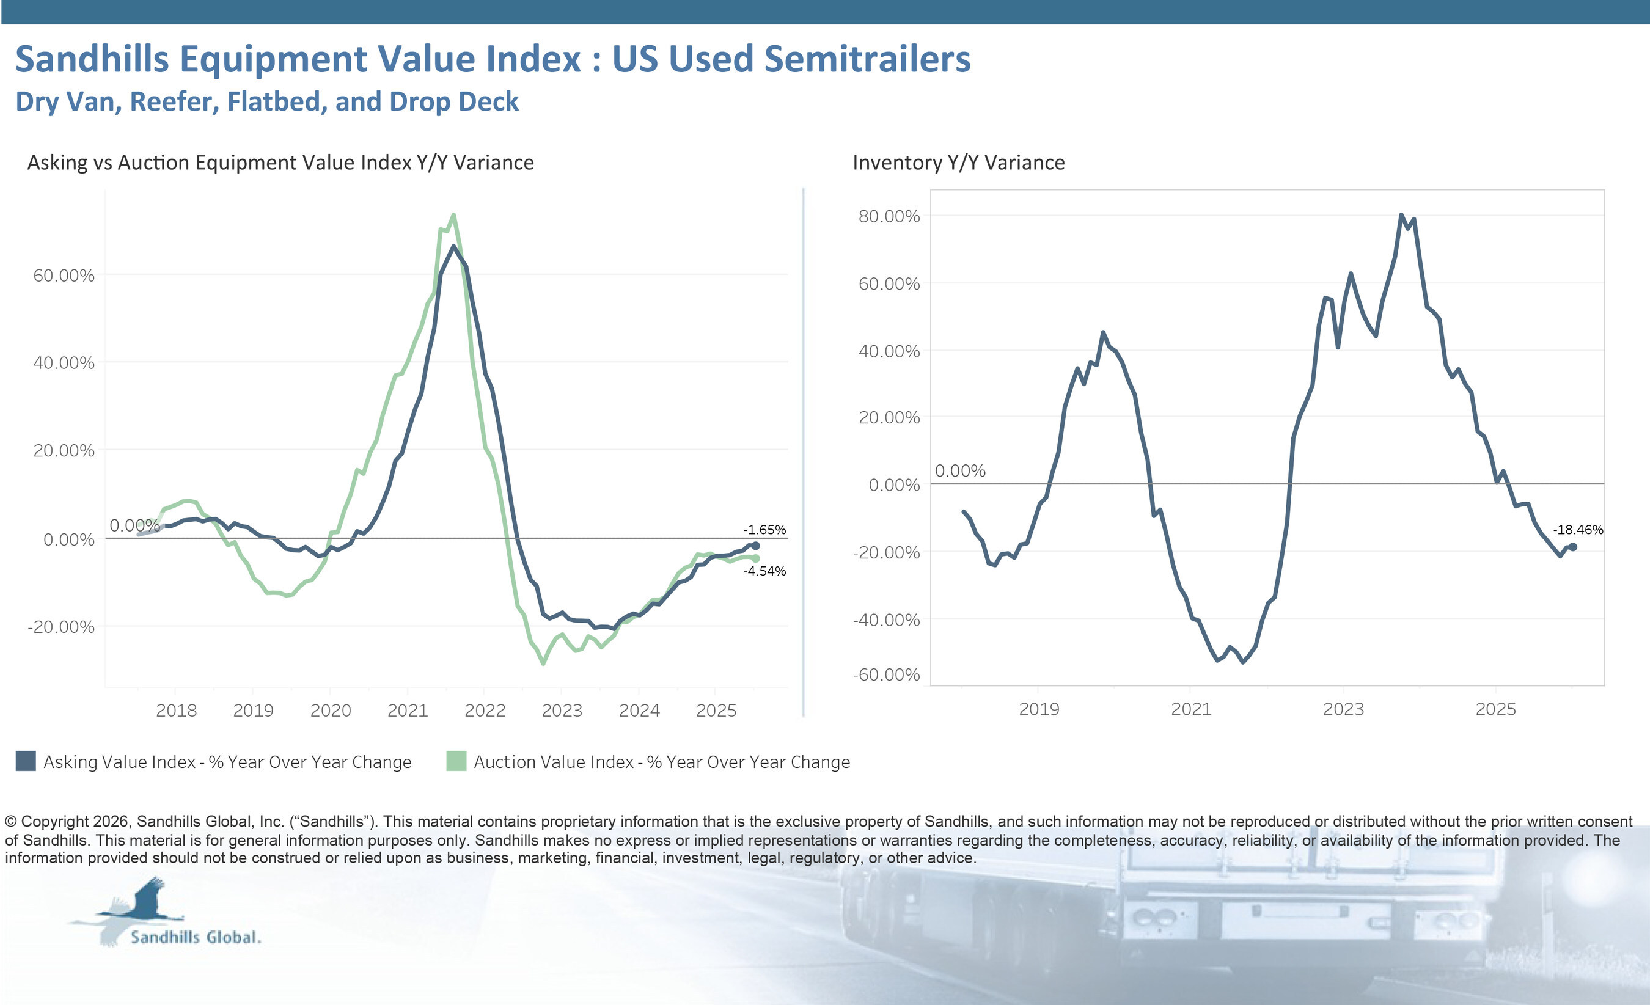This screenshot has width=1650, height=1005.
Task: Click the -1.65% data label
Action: point(764,530)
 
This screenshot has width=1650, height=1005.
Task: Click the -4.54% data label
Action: point(764,571)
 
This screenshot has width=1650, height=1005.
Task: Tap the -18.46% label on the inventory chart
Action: point(1578,530)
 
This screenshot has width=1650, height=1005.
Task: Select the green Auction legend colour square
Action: point(456,761)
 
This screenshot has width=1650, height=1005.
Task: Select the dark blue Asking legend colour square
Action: point(26,761)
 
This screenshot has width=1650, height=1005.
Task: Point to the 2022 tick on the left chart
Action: point(485,711)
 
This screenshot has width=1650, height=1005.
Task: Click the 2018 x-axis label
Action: point(176,711)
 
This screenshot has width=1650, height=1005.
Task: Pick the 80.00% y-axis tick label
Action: point(889,216)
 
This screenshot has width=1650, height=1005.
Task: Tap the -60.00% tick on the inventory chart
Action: point(886,674)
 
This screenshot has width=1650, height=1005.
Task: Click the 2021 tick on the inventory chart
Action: point(1190,709)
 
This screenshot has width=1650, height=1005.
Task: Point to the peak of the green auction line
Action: point(454,215)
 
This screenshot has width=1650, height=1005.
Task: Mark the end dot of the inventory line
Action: point(1573,547)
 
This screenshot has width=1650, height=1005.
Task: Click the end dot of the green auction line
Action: point(756,558)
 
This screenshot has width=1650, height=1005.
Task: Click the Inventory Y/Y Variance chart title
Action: point(958,163)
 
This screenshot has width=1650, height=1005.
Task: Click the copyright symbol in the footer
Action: point(11,822)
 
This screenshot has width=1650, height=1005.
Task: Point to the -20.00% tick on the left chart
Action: point(61,627)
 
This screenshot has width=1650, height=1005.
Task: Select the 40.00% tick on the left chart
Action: point(64,363)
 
